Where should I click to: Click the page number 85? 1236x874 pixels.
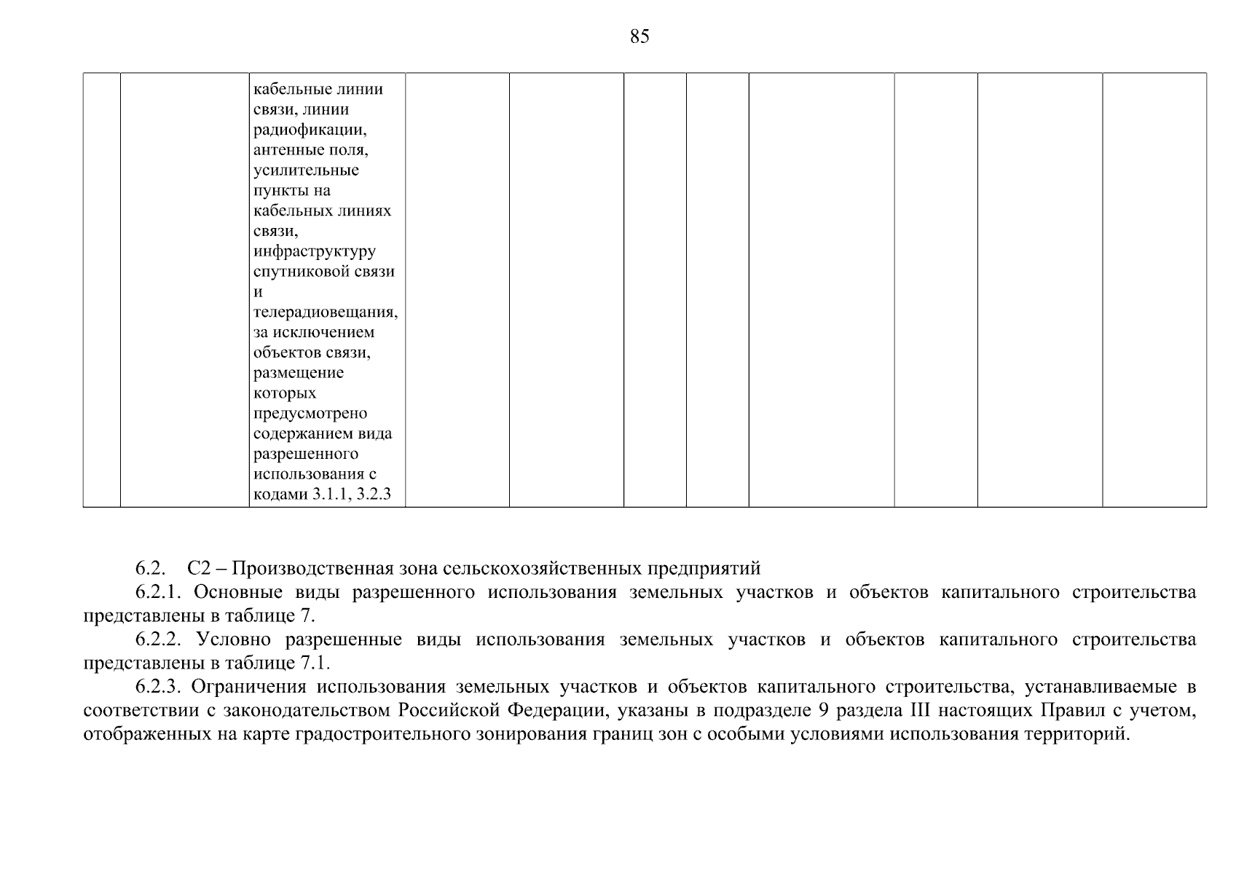click(639, 36)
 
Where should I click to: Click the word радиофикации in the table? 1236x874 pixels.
click(309, 130)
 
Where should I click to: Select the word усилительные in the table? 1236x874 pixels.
click(306, 170)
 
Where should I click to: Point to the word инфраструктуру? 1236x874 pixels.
click(315, 251)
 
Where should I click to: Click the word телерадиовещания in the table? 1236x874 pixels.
click(325, 312)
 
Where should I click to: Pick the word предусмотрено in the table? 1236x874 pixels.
click(310, 414)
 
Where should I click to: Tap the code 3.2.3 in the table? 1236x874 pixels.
click(374, 495)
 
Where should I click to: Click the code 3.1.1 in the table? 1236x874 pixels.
click(331, 495)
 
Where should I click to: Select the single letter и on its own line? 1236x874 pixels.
click(257, 292)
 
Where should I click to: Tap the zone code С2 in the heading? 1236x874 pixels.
click(198, 568)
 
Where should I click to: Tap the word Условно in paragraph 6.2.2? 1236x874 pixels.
click(233, 639)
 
